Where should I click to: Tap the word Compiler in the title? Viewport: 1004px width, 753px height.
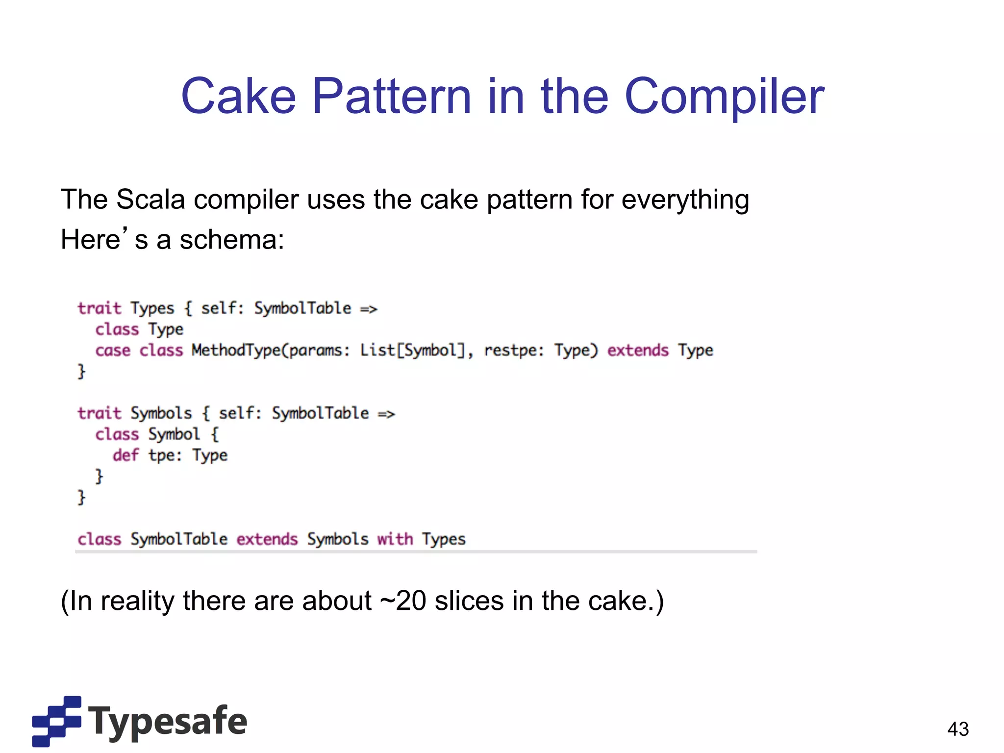pyautogui.click(x=725, y=97)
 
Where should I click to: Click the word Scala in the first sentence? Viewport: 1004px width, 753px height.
pyautogui.click(x=151, y=200)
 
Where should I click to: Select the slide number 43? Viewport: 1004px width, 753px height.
pyautogui.click(x=958, y=729)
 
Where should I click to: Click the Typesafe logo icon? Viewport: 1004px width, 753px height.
pyautogui.click(x=56, y=721)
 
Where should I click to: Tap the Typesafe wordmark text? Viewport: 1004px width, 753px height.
pyautogui.click(x=168, y=721)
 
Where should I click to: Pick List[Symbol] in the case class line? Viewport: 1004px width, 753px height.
pyautogui.click(x=412, y=351)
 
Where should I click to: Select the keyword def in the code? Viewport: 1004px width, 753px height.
pyautogui.click(x=125, y=455)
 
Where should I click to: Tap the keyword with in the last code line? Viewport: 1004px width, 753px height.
pyautogui.click(x=395, y=539)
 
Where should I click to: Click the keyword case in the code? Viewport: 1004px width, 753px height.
pyautogui.click(x=113, y=351)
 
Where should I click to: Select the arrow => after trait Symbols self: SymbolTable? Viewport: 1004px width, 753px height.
pyautogui.click(x=386, y=414)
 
